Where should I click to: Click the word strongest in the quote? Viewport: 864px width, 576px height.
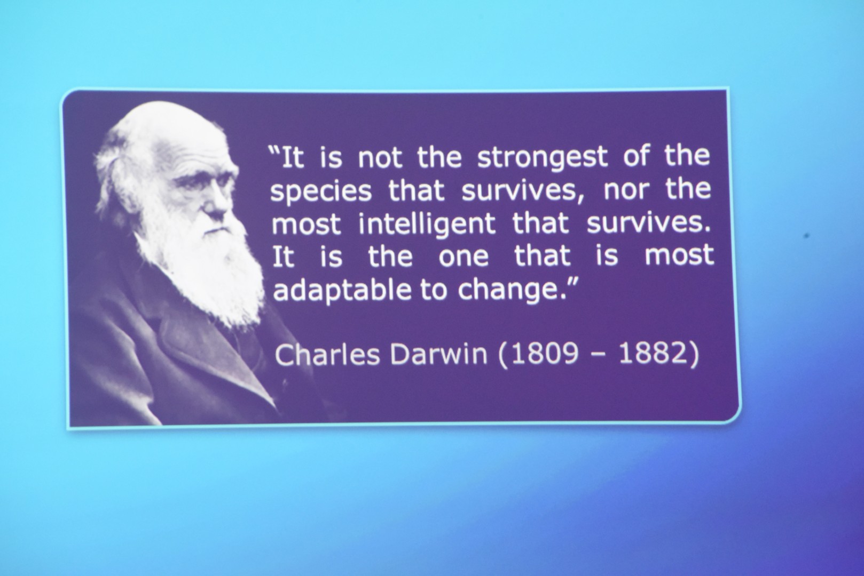(543, 157)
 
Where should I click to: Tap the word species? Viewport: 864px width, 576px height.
(321, 192)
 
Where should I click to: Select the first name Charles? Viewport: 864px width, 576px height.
(327, 354)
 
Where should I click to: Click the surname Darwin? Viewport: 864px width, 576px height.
(438, 354)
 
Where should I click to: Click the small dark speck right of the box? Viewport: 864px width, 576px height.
(806, 235)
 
